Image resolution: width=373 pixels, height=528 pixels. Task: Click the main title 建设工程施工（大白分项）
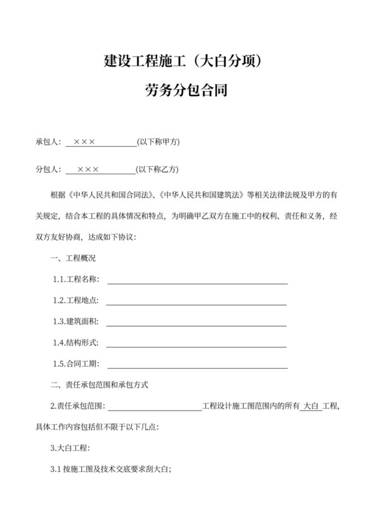click(x=186, y=61)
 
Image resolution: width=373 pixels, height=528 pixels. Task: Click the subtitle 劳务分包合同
click(x=186, y=90)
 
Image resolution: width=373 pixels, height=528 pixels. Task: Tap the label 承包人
click(x=48, y=142)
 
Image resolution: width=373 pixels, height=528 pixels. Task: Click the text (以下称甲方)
click(x=158, y=142)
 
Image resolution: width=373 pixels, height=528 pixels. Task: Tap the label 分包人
click(x=48, y=169)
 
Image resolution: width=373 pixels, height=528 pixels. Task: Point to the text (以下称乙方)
click(x=158, y=169)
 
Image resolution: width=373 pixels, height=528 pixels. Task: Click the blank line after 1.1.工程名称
click(x=197, y=282)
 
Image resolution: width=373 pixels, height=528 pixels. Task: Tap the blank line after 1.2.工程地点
click(x=196, y=303)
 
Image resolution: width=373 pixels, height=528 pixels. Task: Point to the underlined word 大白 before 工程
click(x=311, y=405)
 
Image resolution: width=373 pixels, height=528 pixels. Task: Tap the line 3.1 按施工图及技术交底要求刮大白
click(x=111, y=469)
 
